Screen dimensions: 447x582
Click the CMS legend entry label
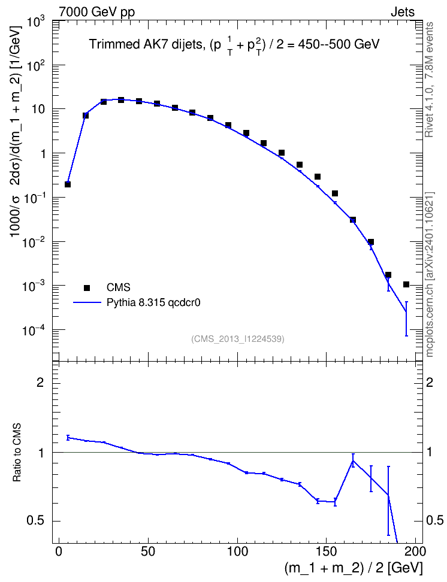(118, 287)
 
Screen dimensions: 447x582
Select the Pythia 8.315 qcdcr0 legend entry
(153, 302)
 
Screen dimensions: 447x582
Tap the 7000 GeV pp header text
(96, 12)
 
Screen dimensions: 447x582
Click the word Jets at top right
(403, 12)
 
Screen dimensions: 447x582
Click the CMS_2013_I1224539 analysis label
(238, 339)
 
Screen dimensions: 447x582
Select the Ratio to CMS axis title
(17, 452)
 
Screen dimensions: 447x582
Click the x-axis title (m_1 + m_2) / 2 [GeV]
(354, 568)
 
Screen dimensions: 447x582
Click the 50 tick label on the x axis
(148, 551)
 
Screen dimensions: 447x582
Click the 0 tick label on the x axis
(59, 551)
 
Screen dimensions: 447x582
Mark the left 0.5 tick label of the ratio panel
(35, 521)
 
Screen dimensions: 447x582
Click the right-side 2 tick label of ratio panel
(430, 382)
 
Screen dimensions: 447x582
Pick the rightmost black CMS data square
(406, 284)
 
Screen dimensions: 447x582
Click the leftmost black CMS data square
(68, 184)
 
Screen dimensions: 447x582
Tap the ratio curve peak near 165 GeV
(353, 460)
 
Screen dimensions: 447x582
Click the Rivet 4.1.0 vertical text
(429, 80)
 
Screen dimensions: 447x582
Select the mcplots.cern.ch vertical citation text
(429, 274)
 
